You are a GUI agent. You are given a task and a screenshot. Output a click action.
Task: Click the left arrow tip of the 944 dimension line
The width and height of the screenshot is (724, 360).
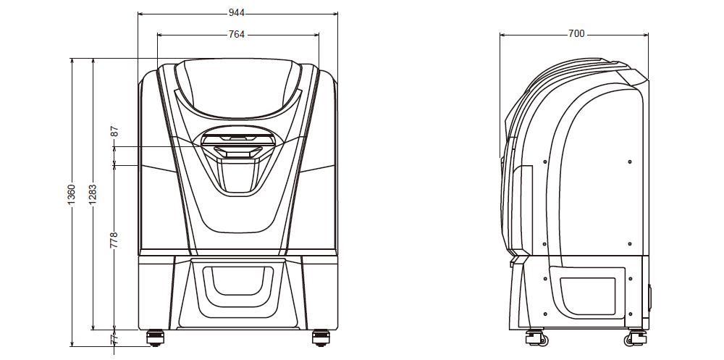(x=138, y=14)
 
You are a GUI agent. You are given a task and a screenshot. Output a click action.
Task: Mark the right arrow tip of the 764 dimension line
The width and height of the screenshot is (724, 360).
(x=319, y=34)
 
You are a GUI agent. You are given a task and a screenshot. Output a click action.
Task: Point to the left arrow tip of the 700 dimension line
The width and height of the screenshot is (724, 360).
(x=500, y=34)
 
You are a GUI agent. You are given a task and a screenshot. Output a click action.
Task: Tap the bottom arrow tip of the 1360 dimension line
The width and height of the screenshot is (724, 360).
(x=72, y=346)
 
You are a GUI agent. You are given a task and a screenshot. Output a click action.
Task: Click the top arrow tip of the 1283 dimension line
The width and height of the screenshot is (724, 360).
(x=93, y=58)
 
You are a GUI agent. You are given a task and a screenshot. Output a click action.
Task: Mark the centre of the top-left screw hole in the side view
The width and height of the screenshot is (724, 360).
(x=545, y=162)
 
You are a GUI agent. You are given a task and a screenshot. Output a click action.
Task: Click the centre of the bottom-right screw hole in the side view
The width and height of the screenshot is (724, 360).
(x=631, y=314)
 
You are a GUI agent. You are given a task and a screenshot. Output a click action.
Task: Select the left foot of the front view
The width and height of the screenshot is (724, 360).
(x=155, y=338)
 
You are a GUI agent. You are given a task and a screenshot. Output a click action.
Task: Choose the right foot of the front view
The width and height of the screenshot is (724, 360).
(x=321, y=338)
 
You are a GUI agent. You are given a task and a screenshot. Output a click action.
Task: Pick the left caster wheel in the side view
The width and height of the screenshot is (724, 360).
(x=536, y=338)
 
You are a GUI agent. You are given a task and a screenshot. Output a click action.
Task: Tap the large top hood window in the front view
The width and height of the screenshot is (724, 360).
(x=237, y=88)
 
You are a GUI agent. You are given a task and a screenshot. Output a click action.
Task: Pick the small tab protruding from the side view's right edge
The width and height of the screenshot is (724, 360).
(x=650, y=298)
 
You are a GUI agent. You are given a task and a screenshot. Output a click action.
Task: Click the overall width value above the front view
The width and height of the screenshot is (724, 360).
(x=237, y=14)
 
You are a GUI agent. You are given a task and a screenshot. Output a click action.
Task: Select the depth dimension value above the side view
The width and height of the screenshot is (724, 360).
(x=576, y=34)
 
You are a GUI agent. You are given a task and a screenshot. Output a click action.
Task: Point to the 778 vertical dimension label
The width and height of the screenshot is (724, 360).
(x=114, y=240)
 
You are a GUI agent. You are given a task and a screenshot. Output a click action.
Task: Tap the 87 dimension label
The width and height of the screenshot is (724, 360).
(x=114, y=131)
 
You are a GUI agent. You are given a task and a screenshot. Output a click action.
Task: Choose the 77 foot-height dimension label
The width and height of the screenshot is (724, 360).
(x=114, y=339)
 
